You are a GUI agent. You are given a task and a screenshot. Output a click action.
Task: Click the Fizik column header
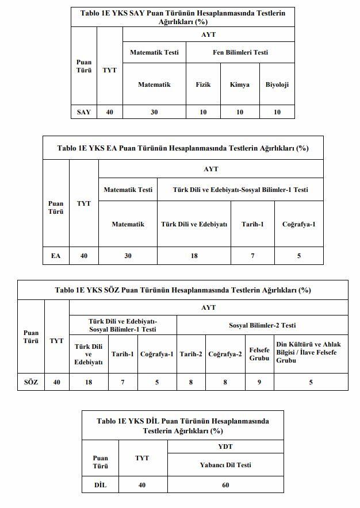203,84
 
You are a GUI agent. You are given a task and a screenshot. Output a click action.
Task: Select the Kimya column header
239,84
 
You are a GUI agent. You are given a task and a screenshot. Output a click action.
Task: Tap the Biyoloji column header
277,84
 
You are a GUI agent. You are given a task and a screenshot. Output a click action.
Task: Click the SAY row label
84,112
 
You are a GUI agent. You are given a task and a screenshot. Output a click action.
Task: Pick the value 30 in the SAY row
154,112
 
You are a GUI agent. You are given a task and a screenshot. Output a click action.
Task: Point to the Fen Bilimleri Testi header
240,52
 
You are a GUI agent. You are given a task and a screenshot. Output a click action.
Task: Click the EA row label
56,255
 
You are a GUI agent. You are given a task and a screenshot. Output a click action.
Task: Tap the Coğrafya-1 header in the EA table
298,224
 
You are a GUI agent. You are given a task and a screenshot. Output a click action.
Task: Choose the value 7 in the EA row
252,255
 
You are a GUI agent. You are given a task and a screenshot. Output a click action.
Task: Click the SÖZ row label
31,382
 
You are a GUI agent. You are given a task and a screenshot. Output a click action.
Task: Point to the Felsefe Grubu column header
259,353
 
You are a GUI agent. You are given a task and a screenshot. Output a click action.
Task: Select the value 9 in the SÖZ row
259,382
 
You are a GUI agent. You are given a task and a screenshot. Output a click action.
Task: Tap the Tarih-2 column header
191,354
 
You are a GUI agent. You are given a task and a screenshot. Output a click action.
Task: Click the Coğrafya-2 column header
225,354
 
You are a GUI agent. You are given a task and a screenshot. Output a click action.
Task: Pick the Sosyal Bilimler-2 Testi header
262,325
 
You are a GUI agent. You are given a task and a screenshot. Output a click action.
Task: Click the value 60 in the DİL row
225,485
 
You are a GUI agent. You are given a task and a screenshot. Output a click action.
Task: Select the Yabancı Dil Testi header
225,465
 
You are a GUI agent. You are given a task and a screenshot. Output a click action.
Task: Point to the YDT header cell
225,447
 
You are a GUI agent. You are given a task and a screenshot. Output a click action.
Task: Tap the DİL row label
100,485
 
